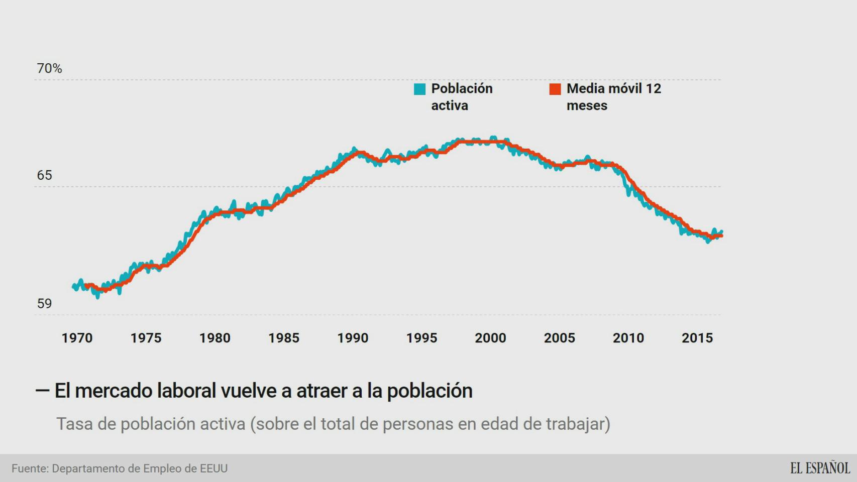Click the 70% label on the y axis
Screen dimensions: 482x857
(49, 68)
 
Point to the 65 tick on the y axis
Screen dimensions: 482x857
(44, 175)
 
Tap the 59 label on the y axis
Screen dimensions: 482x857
(44, 303)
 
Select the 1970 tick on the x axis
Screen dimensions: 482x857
(77, 338)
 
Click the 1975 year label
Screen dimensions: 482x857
(146, 338)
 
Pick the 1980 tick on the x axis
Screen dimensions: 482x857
(215, 338)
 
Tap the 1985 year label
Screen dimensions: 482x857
(284, 338)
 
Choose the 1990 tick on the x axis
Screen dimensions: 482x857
(353, 338)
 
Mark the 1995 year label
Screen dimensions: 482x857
(421, 338)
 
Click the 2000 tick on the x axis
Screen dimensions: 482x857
(490, 338)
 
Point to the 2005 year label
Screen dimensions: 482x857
(559, 338)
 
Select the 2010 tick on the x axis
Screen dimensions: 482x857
(628, 338)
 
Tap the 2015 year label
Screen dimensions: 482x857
(697, 338)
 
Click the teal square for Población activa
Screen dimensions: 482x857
(419, 89)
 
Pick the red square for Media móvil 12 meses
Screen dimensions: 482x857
(555, 89)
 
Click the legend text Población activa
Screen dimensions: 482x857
(461, 97)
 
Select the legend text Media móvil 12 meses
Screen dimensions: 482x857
(613, 97)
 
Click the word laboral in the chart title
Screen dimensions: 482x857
(186, 391)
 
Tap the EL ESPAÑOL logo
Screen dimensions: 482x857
(820, 468)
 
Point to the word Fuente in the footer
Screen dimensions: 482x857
(30, 468)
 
